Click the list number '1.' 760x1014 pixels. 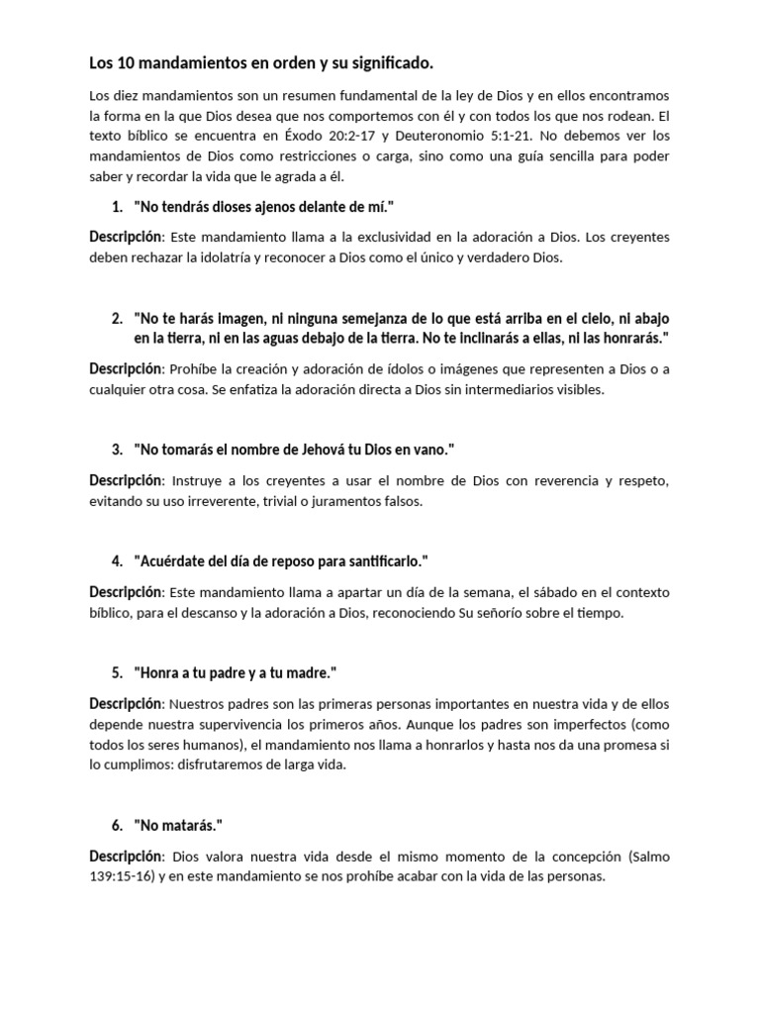click(x=117, y=207)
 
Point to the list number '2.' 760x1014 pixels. click(x=117, y=319)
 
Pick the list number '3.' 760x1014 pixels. click(x=117, y=450)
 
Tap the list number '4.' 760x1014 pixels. click(x=117, y=561)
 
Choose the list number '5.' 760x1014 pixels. click(x=117, y=673)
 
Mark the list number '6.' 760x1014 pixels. click(x=117, y=824)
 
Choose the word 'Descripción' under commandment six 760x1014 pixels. click(x=125, y=856)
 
